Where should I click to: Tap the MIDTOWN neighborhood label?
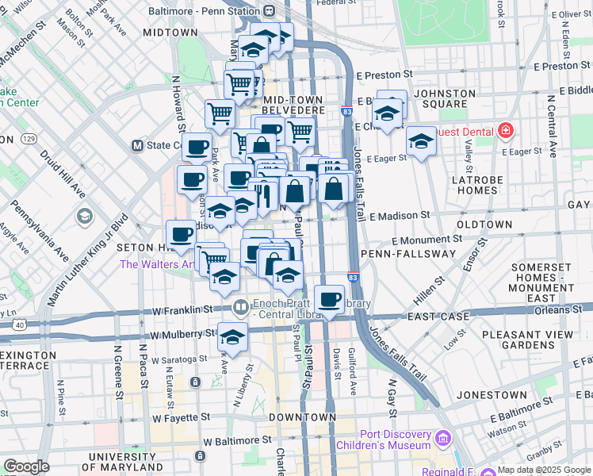[170, 33]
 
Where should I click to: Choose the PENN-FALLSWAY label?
[408, 254]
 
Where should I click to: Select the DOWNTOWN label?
[302, 417]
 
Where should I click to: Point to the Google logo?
[26, 466]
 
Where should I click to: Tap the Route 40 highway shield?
[18, 324]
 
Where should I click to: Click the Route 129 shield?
[29, 140]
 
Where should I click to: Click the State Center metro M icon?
[137, 146]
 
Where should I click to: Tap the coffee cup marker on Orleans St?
[329, 300]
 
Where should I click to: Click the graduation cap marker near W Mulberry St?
[233, 336]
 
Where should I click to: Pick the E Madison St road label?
[400, 215]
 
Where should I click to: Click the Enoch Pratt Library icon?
[241, 306]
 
